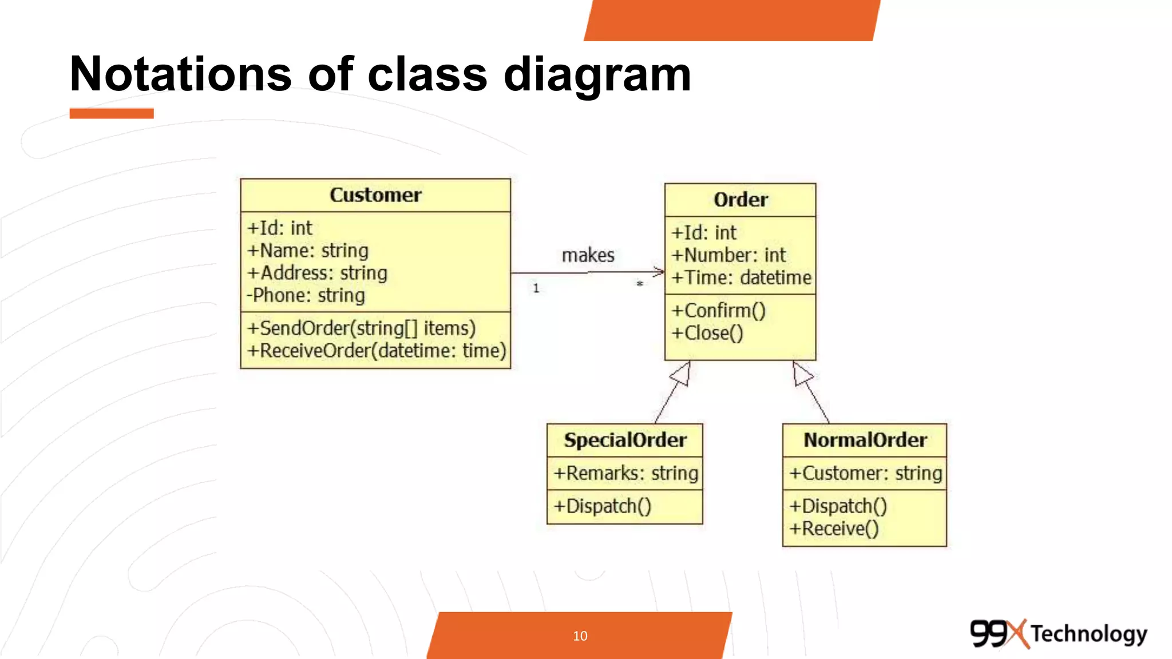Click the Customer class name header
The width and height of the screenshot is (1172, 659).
point(375,195)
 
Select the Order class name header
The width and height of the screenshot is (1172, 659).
point(741,200)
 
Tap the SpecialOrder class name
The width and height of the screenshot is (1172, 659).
point(625,440)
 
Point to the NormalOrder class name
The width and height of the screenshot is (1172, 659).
point(865,440)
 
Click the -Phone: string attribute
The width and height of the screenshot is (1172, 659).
point(306,295)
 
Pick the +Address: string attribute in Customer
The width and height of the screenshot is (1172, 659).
point(317,273)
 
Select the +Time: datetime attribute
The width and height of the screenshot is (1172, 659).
point(741,277)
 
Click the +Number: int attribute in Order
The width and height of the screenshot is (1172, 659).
point(728,255)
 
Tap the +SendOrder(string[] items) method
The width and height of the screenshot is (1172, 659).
point(361,328)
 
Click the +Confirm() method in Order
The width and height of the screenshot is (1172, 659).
point(718,311)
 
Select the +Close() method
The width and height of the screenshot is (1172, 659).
point(707,333)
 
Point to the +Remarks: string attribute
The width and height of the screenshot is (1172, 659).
point(625,473)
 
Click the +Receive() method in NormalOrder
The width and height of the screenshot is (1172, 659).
point(834,529)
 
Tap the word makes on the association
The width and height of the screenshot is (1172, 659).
point(588,255)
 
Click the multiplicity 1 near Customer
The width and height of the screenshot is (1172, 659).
point(536,288)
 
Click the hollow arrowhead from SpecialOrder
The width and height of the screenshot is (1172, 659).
point(681,375)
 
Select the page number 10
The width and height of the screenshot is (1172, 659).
point(580,636)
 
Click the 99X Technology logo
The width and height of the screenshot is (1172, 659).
point(1058,634)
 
